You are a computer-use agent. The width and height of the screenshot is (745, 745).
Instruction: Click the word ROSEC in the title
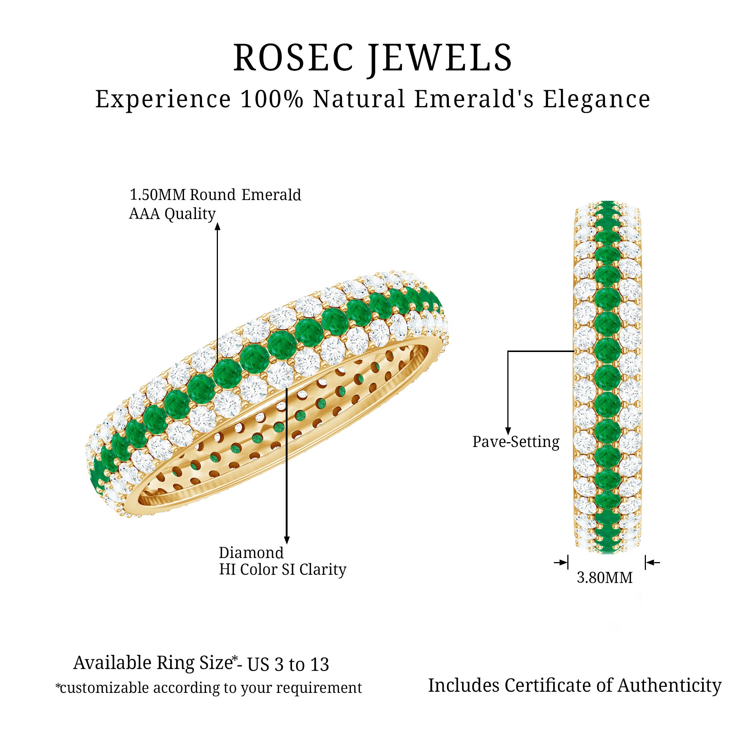pos(294,58)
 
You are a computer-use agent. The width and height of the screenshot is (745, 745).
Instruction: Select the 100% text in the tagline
pos(272,99)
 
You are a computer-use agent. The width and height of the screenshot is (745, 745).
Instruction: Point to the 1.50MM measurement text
pos(158,195)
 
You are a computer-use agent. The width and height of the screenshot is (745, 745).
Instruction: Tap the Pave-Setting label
pos(516,442)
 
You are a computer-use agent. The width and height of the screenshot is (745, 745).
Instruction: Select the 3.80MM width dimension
pos(605,578)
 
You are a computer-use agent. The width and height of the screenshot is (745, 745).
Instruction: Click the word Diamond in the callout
pos(251,553)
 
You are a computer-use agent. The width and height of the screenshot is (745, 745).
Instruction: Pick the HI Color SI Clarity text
pos(283,570)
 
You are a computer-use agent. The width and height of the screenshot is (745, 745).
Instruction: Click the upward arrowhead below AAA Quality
pos(218,226)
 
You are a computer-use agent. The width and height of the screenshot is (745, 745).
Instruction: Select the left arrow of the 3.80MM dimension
pos(561,562)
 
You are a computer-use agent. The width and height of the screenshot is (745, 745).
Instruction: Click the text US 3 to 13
pos(288,665)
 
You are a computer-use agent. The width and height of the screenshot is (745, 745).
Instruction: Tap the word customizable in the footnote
pos(104,688)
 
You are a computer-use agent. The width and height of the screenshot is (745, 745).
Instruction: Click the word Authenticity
pos(669,686)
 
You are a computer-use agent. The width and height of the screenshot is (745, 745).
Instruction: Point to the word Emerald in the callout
pos(271,195)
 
